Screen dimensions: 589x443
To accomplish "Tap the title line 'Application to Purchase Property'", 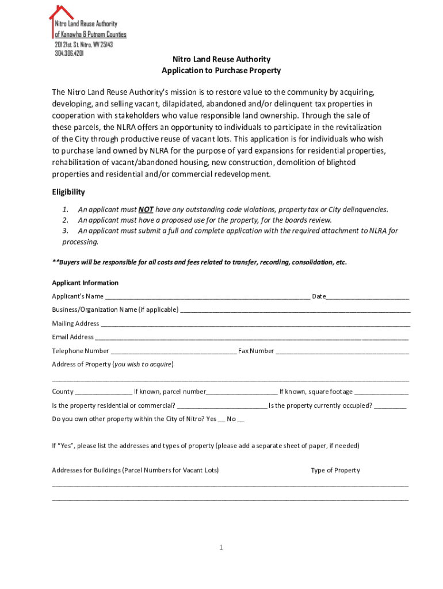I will tap(221, 71).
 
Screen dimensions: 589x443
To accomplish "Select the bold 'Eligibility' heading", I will tap(68, 192).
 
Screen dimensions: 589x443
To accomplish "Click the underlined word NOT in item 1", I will tap(146, 209).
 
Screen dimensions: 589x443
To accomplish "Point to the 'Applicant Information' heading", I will tap(85, 283).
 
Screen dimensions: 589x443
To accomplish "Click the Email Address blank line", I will tap(252, 338).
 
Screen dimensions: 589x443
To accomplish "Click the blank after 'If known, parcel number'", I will tap(242, 393).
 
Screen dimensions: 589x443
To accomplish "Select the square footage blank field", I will tap(381, 393).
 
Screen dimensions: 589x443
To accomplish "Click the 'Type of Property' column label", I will tap(335, 471).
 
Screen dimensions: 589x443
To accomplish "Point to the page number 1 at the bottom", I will tap(220, 548).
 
